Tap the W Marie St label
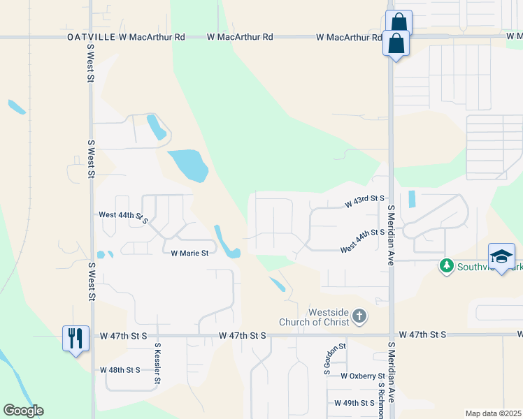(190, 253)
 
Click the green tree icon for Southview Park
(445, 266)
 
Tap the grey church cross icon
(359, 317)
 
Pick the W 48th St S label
(120, 369)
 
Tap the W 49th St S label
(354, 403)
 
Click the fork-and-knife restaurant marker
(75, 339)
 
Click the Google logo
(23, 411)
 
